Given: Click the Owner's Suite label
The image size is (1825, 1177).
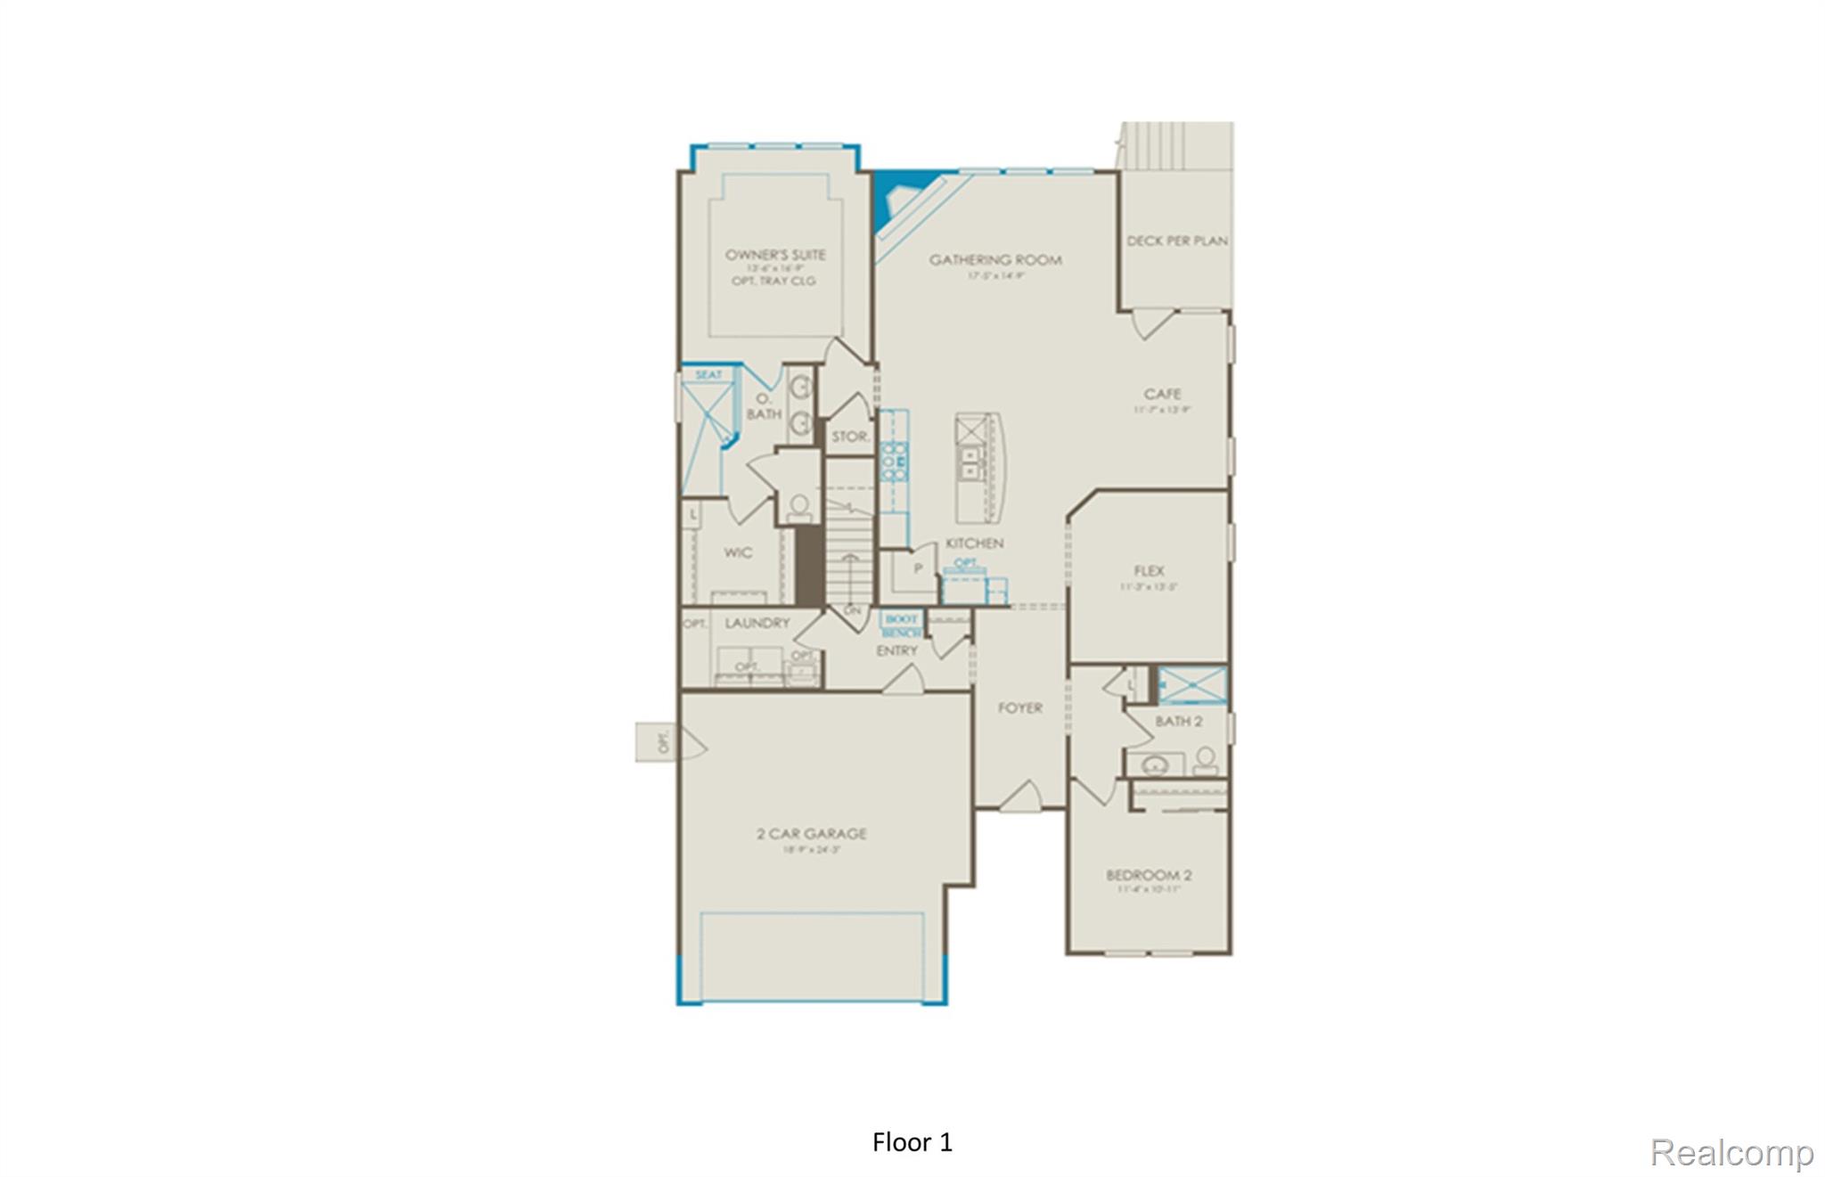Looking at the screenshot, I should pos(775,255).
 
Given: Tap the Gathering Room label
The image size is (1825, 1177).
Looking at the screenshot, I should pos(995,260).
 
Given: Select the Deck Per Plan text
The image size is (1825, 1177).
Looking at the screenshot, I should pos(1176,241).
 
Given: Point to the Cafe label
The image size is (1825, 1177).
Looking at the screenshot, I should pos(1162,394).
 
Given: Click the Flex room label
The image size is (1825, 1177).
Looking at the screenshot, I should pos(1149,571).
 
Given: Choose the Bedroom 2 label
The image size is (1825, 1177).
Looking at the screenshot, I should pos(1149,875).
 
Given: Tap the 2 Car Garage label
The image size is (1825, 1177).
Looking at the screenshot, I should pos(811,834).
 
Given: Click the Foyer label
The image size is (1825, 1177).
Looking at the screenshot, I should pos(1019,708).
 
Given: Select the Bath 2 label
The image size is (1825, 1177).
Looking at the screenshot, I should pos(1178,721).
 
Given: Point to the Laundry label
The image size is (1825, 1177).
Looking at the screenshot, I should pos(757,623).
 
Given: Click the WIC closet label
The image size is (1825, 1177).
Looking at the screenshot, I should pos(738,553).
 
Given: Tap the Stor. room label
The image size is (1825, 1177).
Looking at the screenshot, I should pos(850,437).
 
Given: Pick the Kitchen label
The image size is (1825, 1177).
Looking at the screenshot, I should pos(974,543).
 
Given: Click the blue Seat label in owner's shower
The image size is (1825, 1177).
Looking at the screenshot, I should pos(709,375).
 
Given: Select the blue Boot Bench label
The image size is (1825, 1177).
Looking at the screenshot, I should pos(901,625).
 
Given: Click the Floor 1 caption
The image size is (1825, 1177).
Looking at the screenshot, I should pos(912,1142).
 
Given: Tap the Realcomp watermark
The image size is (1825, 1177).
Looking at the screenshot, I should pos(1731,1152).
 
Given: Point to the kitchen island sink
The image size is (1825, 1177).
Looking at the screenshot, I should pos(970,463).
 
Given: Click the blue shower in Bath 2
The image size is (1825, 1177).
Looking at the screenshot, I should pos(1192,685).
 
